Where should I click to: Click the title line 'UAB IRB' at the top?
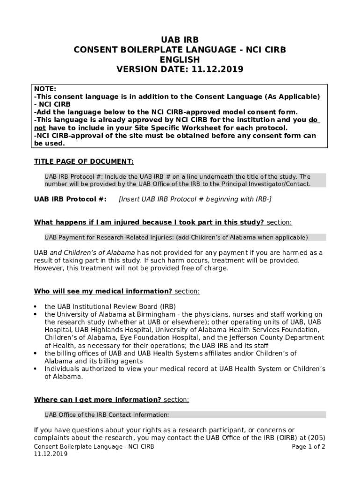[x=180, y=40]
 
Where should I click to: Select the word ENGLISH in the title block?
[x=180, y=59]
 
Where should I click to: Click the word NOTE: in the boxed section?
[x=45, y=89]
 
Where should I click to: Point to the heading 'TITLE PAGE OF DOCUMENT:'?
[x=84, y=161]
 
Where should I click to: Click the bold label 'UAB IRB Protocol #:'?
[x=70, y=200]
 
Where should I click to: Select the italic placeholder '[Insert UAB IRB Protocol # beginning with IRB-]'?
[x=195, y=200]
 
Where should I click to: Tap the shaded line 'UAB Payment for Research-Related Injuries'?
[x=176, y=237]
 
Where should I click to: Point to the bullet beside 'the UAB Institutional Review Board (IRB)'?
[x=36, y=307]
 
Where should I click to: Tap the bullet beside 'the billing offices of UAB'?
[x=36, y=354]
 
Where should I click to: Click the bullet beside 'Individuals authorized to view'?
[x=36, y=369]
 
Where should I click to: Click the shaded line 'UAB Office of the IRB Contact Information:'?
[x=107, y=414]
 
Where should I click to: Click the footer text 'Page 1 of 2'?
[x=308, y=446]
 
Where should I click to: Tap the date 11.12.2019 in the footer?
[x=50, y=454]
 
